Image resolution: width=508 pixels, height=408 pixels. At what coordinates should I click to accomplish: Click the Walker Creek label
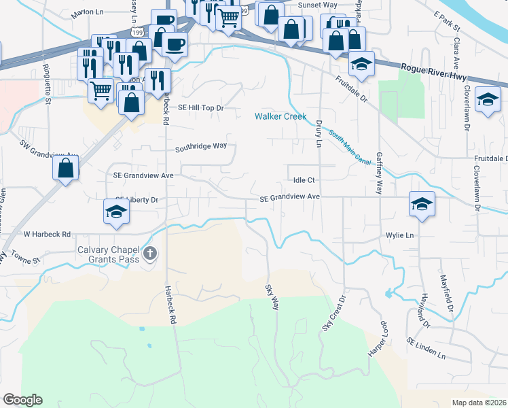[281, 116]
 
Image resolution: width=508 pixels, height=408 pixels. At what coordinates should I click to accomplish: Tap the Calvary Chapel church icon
[150, 254]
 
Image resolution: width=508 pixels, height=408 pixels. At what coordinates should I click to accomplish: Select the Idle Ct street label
[304, 180]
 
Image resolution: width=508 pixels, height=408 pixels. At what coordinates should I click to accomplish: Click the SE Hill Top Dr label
[200, 107]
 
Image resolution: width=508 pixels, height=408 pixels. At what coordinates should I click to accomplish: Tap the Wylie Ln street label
[399, 235]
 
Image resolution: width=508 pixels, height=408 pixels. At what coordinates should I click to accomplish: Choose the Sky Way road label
[272, 298]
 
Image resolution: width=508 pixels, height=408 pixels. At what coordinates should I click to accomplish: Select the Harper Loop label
[378, 338]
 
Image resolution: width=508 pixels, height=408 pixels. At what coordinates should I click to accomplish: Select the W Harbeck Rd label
[47, 234]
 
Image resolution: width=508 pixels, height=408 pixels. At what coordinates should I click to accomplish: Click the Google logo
[22, 399]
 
